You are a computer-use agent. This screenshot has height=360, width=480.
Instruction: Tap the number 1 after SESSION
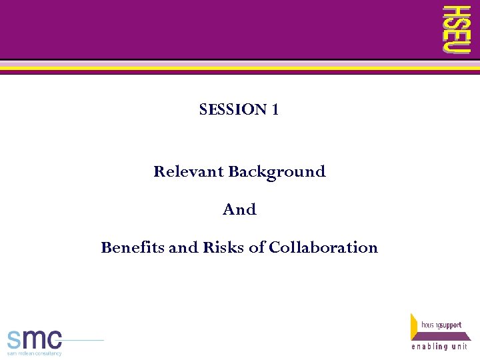pos(275,109)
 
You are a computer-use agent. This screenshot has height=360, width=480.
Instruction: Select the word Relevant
pos(189,171)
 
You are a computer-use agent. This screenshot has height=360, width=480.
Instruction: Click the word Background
pos(277,172)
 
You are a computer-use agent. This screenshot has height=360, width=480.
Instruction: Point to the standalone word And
pos(239,209)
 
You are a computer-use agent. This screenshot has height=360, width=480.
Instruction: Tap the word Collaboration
pos(323,247)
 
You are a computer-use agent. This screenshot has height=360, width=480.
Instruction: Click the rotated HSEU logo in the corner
pos(457,29)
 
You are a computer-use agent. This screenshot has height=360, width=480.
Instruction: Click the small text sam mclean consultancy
pos(34,353)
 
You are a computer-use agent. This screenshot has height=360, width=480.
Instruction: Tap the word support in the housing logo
pos(449,325)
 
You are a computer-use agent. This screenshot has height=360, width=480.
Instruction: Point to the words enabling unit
pos(440,347)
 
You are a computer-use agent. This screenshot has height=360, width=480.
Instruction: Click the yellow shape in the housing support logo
pos(415,327)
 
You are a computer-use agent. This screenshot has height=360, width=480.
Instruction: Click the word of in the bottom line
pos(257,247)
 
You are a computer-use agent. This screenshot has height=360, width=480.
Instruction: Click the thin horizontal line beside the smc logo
pos(83,340)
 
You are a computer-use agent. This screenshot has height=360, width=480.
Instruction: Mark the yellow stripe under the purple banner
pos(240,68)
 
